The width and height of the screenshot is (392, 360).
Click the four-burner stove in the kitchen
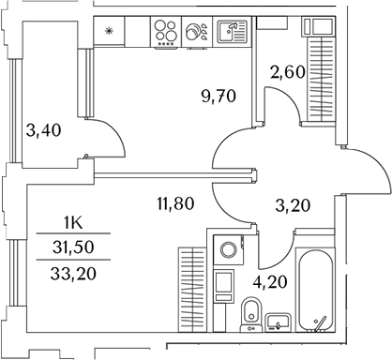point(166,33)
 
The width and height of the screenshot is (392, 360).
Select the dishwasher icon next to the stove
point(198,33)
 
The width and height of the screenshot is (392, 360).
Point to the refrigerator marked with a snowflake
point(109,32)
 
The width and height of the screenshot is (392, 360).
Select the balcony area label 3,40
point(44,132)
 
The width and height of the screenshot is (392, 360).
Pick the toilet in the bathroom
point(250,313)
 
